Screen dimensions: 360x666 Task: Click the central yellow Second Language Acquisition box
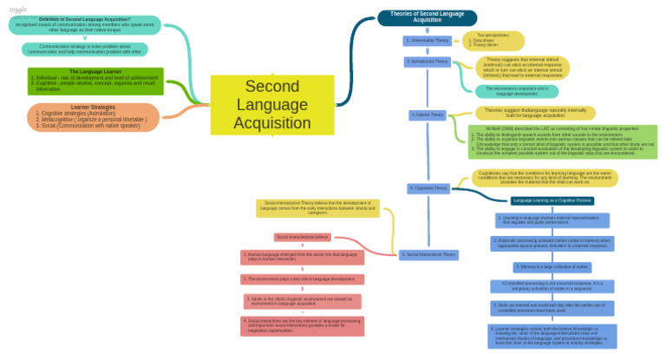click(272, 104)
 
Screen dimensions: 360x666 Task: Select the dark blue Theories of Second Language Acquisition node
click(428, 17)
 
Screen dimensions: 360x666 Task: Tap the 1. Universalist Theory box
click(428, 41)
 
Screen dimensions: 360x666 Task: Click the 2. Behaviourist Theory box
click(428, 62)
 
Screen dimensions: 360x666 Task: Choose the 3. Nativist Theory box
click(428, 115)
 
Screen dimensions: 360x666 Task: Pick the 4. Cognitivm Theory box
click(428, 187)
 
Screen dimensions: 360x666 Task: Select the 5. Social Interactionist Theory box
click(428, 254)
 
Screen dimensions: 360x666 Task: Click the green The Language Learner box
click(94, 80)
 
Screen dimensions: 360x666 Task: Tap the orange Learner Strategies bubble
click(94, 116)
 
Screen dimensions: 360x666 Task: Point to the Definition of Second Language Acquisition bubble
click(84, 24)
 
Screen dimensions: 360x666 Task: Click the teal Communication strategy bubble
click(84, 49)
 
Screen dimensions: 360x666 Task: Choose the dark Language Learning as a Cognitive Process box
click(552, 200)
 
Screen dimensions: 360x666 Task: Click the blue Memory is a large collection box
click(552, 266)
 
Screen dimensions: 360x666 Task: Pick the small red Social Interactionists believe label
click(303, 237)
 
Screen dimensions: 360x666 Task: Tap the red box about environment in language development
click(303, 279)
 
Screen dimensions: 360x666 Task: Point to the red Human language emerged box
click(303, 258)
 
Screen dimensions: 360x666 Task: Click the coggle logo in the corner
click(19, 9)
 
